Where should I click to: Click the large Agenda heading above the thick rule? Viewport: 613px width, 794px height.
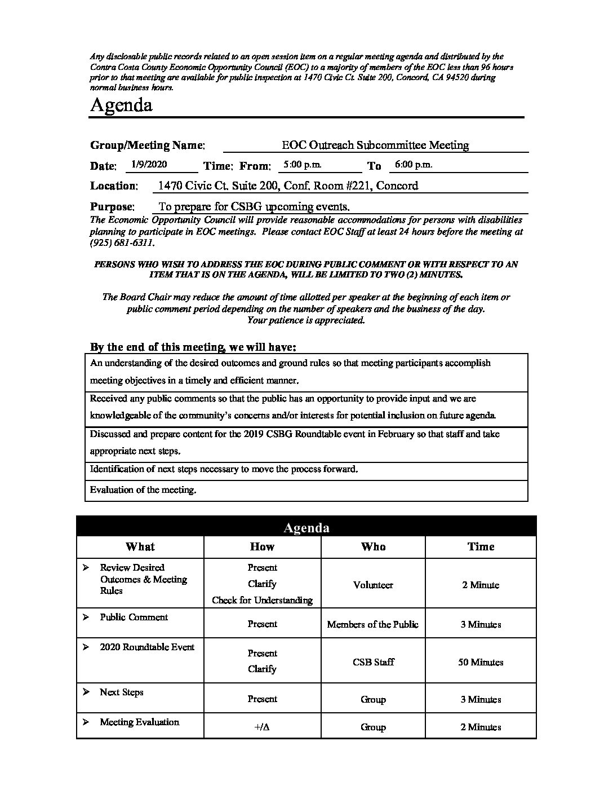(121, 105)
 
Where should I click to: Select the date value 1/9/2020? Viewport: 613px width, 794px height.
(148, 165)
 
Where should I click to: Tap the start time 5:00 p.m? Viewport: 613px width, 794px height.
(302, 165)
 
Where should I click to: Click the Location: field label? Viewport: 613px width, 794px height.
(114, 186)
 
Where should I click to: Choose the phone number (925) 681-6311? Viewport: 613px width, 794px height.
(121, 243)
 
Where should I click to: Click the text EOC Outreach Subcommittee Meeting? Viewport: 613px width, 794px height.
(375, 145)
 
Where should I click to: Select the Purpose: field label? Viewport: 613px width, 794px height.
(112, 206)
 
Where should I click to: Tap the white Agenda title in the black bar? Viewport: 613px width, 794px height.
(306, 527)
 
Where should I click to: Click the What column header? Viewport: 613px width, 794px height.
(140, 546)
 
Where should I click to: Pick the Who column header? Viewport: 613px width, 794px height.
(373, 546)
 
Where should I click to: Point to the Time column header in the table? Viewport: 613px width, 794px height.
(481, 546)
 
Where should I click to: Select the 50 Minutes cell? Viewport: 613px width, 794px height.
(481, 662)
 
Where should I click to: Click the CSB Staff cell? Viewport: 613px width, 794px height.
(373, 662)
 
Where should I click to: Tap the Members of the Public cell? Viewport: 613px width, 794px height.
(373, 624)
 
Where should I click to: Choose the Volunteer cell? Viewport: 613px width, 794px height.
(373, 585)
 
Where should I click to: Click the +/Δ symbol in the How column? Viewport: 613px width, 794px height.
(262, 727)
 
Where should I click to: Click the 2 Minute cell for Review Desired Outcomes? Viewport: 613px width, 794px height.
(481, 585)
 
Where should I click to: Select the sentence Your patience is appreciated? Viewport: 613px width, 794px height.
(306, 320)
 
